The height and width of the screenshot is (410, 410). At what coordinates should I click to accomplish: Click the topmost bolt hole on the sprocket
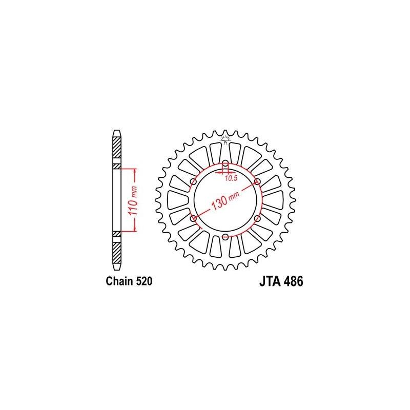[x=225, y=164]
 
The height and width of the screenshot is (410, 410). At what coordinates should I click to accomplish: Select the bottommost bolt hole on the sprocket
[x=225, y=236]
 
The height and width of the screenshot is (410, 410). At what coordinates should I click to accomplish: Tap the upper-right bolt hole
[x=257, y=182]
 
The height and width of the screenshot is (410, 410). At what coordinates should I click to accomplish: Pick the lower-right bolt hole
[x=257, y=218]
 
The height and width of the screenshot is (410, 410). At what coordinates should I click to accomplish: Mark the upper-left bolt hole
[x=194, y=182]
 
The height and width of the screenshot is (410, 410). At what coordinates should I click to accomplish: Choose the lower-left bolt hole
[x=194, y=218]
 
